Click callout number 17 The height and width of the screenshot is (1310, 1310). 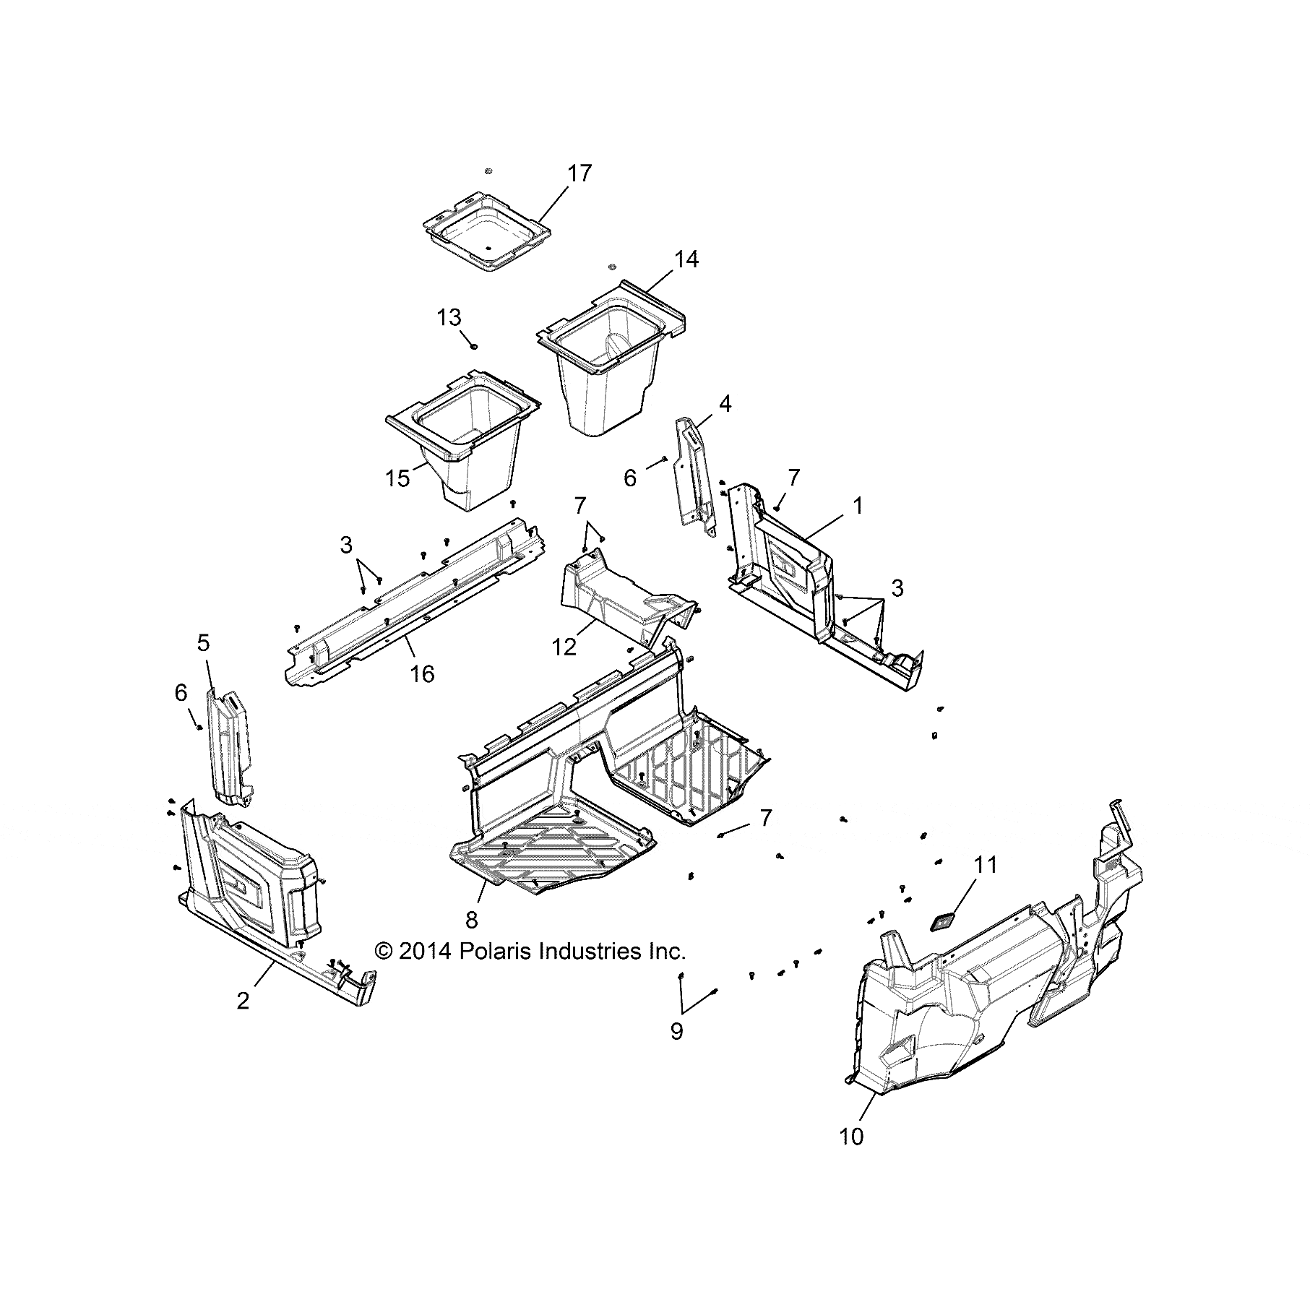click(579, 173)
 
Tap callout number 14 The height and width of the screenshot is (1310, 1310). click(686, 259)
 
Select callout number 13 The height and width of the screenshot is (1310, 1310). click(449, 317)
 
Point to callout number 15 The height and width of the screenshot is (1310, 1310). click(398, 478)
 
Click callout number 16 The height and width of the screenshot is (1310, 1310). click(423, 673)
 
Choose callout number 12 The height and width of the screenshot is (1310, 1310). click(564, 647)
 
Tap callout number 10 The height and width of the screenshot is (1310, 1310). click(852, 1137)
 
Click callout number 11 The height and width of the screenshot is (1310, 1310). click(986, 865)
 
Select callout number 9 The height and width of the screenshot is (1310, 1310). click(676, 1031)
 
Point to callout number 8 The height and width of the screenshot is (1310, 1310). click(471, 920)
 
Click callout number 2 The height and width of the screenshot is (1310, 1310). click(243, 1001)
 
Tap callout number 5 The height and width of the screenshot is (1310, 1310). click(204, 642)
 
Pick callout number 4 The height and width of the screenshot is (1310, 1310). click(725, 403)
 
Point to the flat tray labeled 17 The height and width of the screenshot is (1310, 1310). click(487, 235)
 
